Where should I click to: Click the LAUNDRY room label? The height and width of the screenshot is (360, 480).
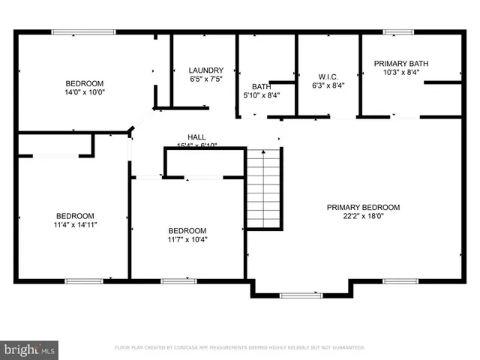(206, 70)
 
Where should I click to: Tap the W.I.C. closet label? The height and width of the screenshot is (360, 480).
(328, 76)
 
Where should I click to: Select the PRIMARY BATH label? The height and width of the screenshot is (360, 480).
(401, 64)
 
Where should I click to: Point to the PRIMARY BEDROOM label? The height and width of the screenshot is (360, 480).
(363, 208)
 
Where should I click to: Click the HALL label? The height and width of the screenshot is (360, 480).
(196, 136)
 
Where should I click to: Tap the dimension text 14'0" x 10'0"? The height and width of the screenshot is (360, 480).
(84, 92)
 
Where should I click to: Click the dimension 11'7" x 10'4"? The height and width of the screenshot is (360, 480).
(187, 240)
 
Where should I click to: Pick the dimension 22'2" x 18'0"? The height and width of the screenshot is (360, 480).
(363, 217)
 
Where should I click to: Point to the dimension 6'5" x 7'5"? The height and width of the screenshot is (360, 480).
(206, 79)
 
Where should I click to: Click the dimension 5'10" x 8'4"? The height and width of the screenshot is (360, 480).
(261, 95)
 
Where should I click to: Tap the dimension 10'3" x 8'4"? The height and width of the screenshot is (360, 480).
(401, 73)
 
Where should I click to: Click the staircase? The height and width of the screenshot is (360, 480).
(264, 189)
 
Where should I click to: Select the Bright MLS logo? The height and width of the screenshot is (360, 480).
(29, 349)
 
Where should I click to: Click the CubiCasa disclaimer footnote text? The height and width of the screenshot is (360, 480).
(239, 348)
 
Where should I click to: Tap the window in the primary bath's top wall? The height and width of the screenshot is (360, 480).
(394, 32)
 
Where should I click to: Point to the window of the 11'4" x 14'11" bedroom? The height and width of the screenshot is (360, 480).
(83, 280)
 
